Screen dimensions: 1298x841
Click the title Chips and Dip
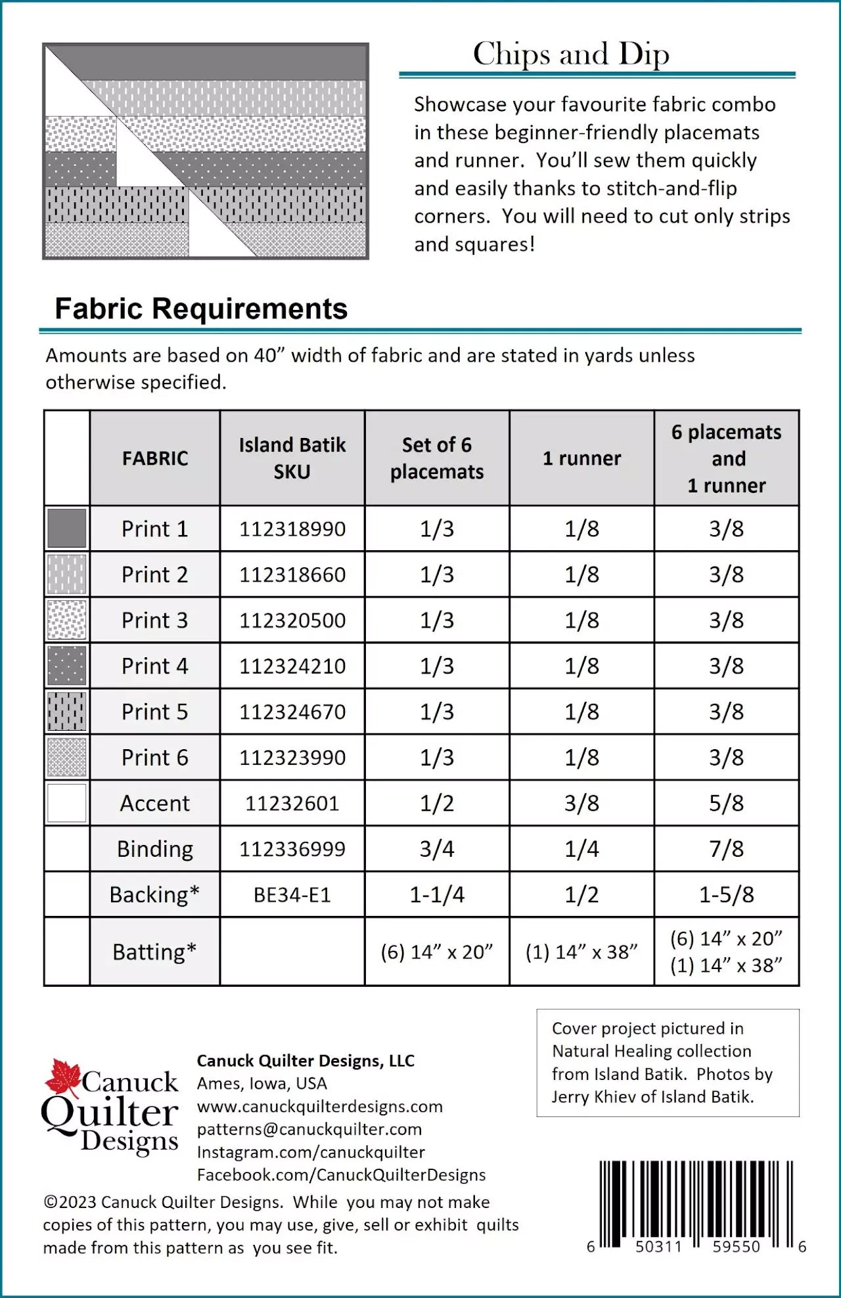click(x=571, y=54)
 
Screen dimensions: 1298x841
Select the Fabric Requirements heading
click(x=201, y=309)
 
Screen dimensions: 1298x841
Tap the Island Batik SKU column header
click(x=292, y=458)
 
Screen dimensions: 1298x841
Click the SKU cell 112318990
click(x=292, y=529)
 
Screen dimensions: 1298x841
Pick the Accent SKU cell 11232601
click(x=292, y=803)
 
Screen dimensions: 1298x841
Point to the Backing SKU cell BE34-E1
click(x=292, y=895)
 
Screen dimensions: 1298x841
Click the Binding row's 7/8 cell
click(x=726, y=849)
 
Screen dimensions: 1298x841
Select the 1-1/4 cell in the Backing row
click(x=437, y=895)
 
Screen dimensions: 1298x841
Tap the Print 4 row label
click(x=154, y=666)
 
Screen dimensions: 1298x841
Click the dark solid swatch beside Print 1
click(x=67, y=528)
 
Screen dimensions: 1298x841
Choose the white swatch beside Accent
click(x=67, y=803)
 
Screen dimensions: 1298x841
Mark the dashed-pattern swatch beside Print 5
click(x=67, y=712)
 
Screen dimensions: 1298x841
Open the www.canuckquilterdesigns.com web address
click(x=319, y=1106)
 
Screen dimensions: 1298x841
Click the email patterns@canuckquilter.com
click(x=309, y=1129)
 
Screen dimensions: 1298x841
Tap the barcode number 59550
click(x=736, y=1247)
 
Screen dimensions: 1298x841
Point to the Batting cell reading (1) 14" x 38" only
click(x=581, y=952)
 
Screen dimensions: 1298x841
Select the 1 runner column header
click(x=581, y=458)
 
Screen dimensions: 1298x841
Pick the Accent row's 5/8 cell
click(x=726, y=803)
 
